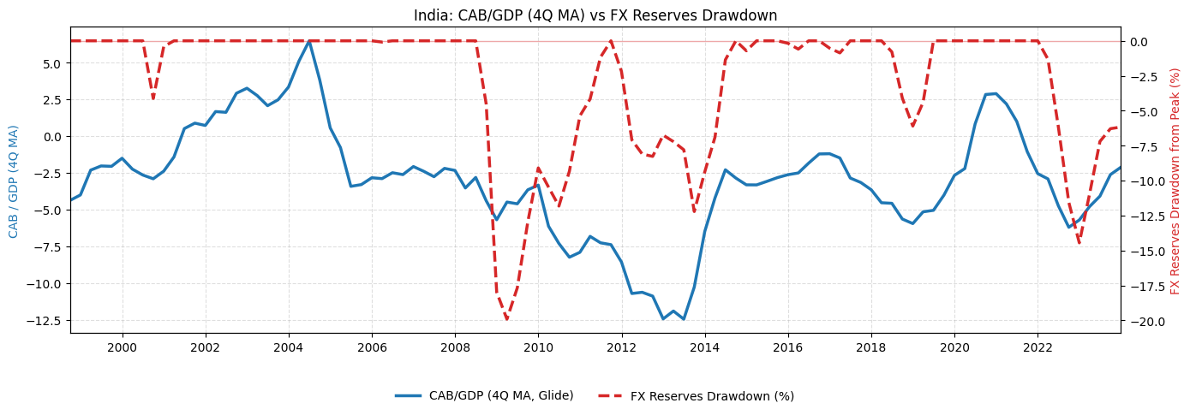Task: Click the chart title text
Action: (x=595, y=15)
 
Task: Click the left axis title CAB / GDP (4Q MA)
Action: (x=14, y=181)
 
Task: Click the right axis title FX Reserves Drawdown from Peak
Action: (x=1175, y=181)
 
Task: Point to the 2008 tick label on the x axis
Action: (x=454, y=347)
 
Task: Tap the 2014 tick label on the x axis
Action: (x=704, y=347)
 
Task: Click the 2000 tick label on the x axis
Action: (x=122, y=347)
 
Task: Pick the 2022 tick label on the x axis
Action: (x=1038, y=347)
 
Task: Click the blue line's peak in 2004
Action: (x=309, y=40)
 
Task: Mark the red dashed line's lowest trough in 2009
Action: (x=506, y=319)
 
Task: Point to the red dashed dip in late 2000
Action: (x=153, y=98)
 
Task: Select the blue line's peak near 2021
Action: (x=996, y=93)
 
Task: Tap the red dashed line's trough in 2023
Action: (x=1079, y=244)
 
